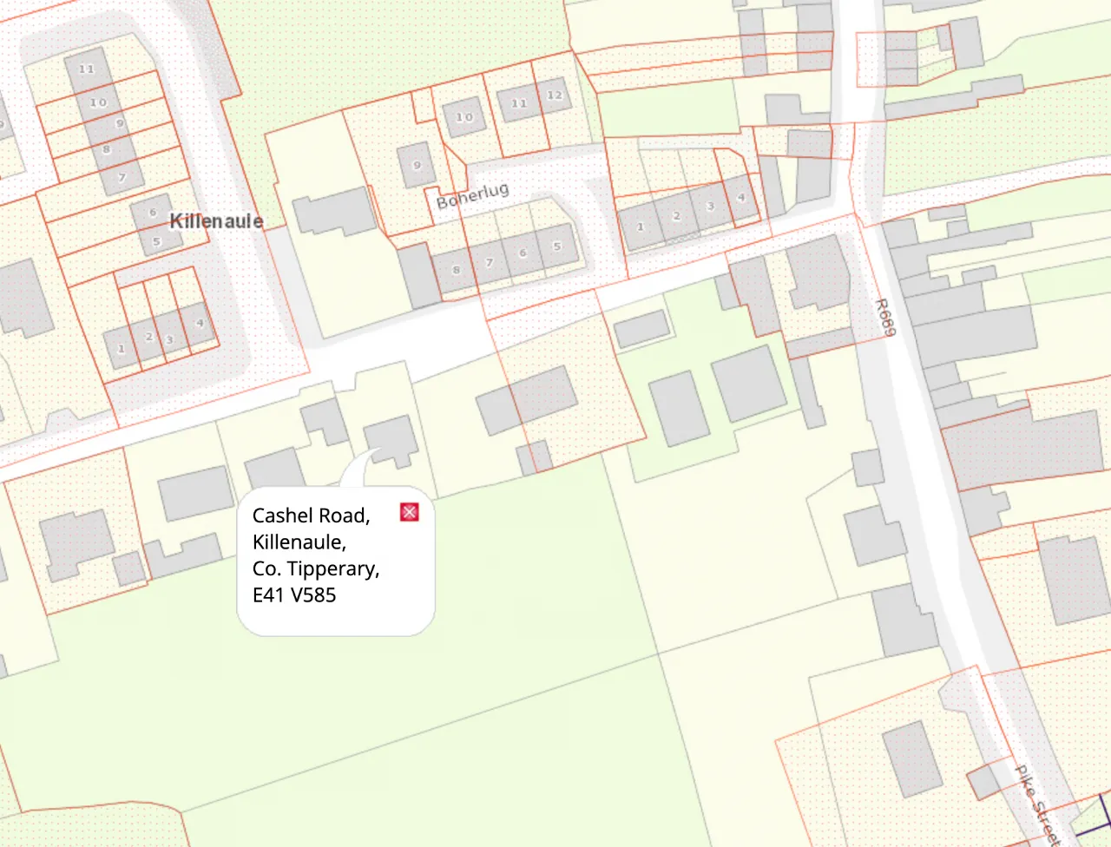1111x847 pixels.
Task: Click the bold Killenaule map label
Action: pyautogui.click(x=216, y=221)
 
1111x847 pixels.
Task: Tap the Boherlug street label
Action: pyautogui.click(x=472, y=196)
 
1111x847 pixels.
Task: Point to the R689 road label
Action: pyautogui.click(x=883, y=318)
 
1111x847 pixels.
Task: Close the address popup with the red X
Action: pyautogui.click(x=410, y=512)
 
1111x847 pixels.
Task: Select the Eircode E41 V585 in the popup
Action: pyautogui.click(x=294, y=595)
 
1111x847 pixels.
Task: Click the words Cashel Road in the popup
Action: pyautogui.click(x=311, y=515)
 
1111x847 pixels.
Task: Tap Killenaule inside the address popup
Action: pyautogui.click(x=299, y=542)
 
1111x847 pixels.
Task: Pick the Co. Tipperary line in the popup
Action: pyautogui.click(x=315, y=568)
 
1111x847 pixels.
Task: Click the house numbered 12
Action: pyautogui.click(x=554, y=95)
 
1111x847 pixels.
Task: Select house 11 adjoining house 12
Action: pyautogui.click(x=519, y=104)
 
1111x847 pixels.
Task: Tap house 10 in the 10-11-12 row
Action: pyautogui.click(x=464, y=117)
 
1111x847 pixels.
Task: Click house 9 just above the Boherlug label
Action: pyautogui.click(x=417, y=166)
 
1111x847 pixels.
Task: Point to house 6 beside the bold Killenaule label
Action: pyautogui.click(x=153, y=213)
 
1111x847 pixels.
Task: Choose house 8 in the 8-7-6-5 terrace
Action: pyautogui.click(x=457, y=270)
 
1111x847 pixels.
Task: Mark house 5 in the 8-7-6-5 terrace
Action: pyautogui.click(x=557, y=246)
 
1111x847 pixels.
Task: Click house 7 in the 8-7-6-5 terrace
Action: pyautogui.click(x=490, y=262)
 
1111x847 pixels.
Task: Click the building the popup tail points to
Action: pyautogui.click(x=391, y=438)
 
